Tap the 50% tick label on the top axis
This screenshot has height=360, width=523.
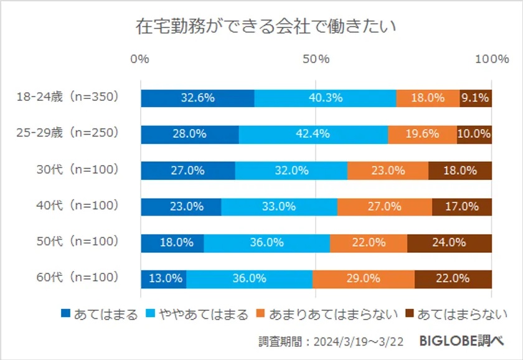coord(316,59)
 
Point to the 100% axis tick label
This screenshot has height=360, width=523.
coord(491,59)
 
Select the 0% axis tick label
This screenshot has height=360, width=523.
coord(140,59)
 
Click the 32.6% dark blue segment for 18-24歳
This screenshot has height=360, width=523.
coord(197,98)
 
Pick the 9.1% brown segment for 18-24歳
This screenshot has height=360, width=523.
coord(476,98)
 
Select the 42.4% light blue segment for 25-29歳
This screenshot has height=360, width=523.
coord(313,134)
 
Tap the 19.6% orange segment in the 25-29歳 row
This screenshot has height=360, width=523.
coord(422,134)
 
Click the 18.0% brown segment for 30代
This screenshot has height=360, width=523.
coord(460,170)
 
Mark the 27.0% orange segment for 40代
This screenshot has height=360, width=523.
coord(385,206)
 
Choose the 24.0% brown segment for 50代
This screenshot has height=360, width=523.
coord(450,242)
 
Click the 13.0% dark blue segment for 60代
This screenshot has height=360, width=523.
coord(164,278)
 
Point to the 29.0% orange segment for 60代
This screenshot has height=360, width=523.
coord(364,278)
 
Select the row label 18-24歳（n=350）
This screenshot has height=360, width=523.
coord(67,98)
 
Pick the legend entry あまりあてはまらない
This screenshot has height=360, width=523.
coord(334,314)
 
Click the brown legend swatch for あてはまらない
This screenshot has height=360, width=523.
coord(410,314)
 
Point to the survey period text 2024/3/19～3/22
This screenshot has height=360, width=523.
coord(362,341)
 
